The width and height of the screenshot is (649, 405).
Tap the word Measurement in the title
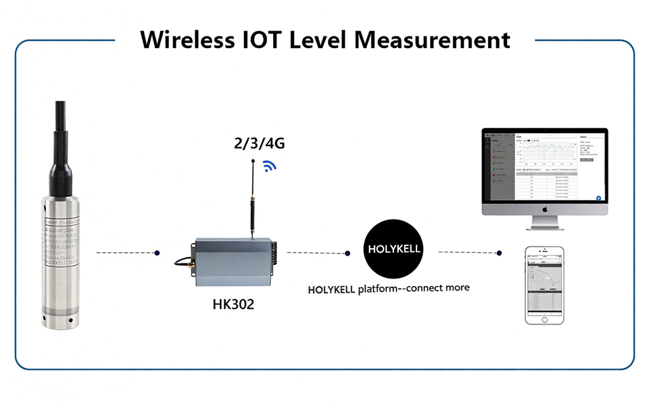coord(433,39)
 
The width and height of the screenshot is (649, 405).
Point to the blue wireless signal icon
coord(270,166)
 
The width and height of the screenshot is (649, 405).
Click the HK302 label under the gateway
coord(233,304)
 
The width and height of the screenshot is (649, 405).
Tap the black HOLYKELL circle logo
coord(393,248)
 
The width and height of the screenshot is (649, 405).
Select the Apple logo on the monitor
coord(544,209)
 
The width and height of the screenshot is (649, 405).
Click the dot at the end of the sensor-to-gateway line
coord(157,253)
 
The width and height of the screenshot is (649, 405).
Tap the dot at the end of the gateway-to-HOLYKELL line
coord(347,254)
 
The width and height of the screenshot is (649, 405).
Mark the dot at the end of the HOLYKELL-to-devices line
coord(499,253)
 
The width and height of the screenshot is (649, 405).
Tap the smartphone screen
coord(545,284)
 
